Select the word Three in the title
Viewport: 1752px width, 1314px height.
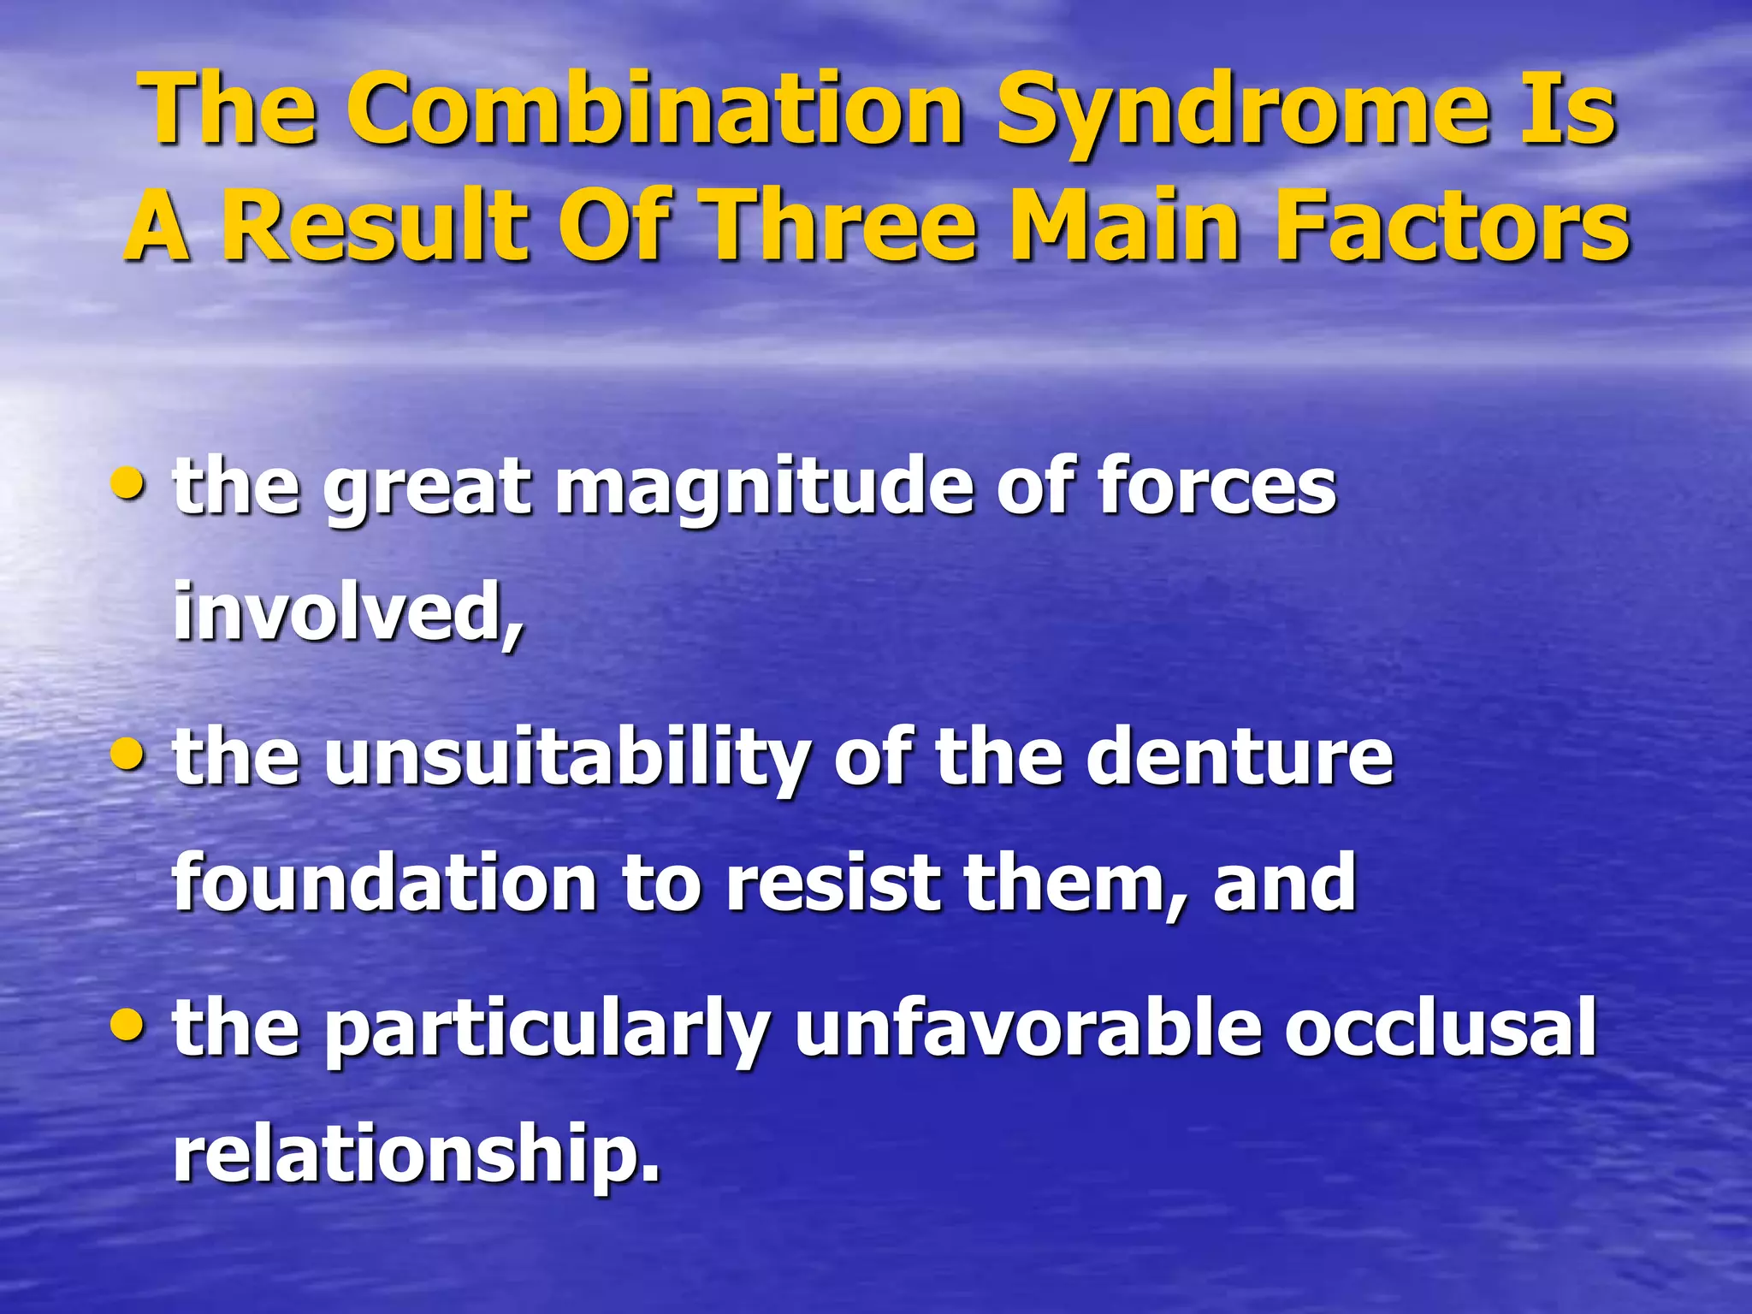pyautogui.click(x=843, y=225)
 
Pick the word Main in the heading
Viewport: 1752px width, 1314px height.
pyautogui.click(x=1126, y=225)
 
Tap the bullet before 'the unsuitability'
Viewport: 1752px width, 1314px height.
pyautogui.click(x=129, y=754)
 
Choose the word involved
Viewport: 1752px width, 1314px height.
pyautogui.click(x=347, y=611)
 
